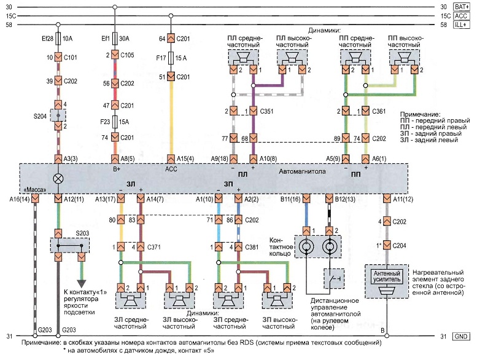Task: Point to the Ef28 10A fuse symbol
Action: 59,37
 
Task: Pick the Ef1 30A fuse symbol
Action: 114,37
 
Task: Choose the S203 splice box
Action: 69,245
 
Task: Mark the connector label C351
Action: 267,111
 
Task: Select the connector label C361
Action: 380,111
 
